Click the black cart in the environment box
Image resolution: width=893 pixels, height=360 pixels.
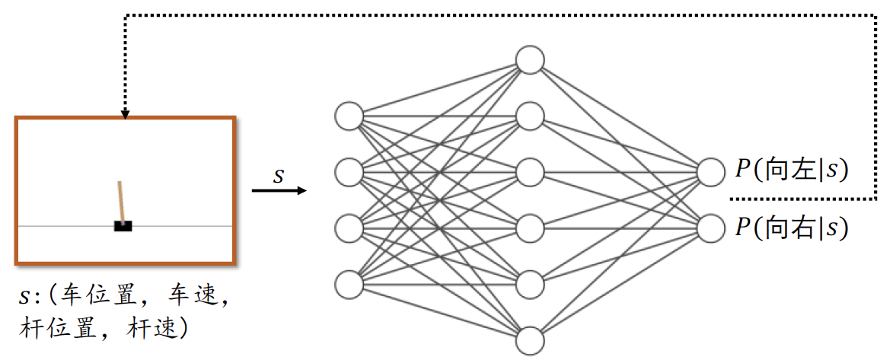click(123, 226)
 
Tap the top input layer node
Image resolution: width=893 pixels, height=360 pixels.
click(349, 116)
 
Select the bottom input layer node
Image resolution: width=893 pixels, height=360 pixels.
click(349, 283)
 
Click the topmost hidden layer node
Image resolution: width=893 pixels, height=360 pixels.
click(530, 59)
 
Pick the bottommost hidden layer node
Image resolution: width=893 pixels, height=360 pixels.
click(530, 339)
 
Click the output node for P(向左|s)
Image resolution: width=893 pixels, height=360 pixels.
click(710, 171)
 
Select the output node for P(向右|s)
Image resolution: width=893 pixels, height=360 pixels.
click(710, 228)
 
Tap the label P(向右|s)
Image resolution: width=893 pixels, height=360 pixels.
click(792, 228)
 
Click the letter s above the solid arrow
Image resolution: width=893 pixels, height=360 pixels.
click(279, 176)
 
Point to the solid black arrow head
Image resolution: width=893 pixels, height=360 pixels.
click(303, 190)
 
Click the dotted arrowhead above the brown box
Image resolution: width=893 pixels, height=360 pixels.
click(124, 113)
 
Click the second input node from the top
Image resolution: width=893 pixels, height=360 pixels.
click(349, 172)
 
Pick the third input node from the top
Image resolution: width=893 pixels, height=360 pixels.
click(349, 228)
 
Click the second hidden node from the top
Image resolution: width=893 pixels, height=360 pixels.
click(530, 116)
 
